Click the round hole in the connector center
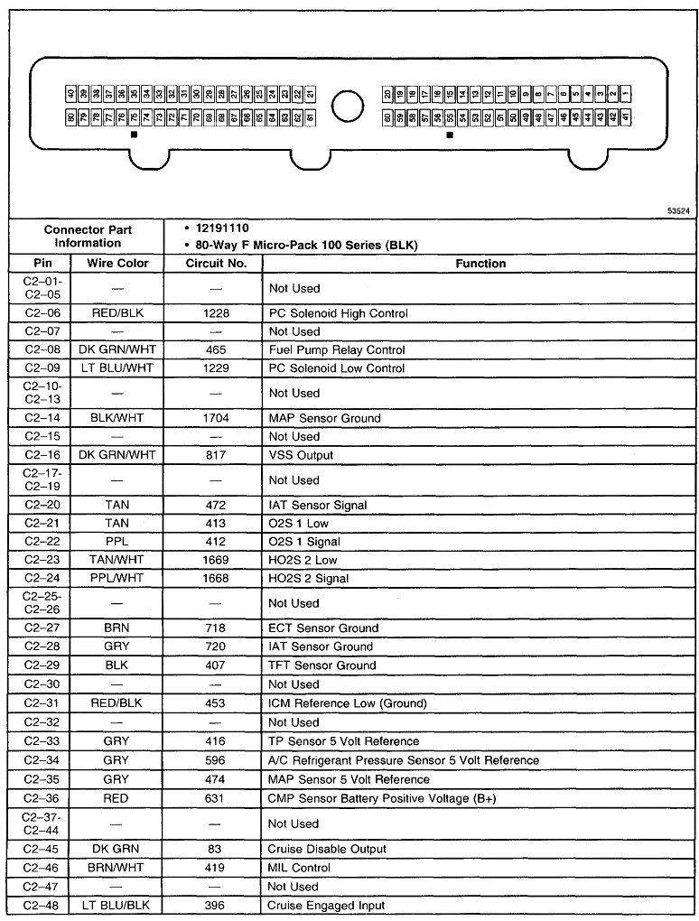[348, 106]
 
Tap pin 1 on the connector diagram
[626, 94]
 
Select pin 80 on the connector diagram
[71, 117]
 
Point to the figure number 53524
[678, 210]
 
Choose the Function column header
[480, 264]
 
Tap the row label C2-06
[41, 313]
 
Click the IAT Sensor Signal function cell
[318, 506]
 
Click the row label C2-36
[41, 798]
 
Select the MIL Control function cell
[299, 868]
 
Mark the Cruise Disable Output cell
[327, 849]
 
